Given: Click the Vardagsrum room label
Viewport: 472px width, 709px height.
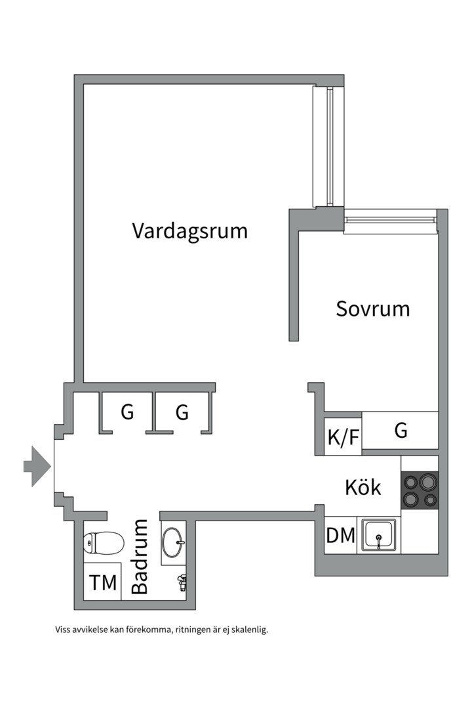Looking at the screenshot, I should coord(190,231).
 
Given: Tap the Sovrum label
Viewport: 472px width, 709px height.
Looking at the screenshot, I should coord(372,309).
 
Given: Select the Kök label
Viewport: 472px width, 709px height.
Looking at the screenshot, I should coord(363,488).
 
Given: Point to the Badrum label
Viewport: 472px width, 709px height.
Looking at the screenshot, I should coord(140,557).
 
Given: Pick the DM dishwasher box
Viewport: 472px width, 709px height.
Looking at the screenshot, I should coord(341,536).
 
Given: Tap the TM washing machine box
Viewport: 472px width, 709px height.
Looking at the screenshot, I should coord(103,581).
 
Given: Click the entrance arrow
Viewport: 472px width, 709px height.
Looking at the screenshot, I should coord(37,466).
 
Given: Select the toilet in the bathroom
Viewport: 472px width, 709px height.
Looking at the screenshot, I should coord(104,544).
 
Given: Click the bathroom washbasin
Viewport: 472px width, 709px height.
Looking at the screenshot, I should coord(174,542).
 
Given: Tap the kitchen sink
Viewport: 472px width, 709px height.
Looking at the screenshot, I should coord(379,535).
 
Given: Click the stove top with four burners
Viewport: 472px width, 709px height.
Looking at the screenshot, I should coord(420,490).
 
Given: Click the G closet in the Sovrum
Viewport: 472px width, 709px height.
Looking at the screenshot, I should coord(401,431).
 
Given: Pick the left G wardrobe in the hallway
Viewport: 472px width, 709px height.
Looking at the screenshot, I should coord(127,412).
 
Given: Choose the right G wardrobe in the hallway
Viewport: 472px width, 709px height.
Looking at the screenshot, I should coord(182,412).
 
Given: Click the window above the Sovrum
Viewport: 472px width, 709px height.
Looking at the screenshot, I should coord(391,221).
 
